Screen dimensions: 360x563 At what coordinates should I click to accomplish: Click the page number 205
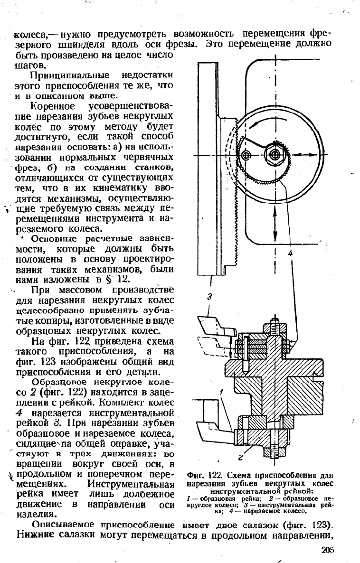click(328, 550)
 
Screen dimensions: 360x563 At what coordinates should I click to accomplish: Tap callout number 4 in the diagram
click(291, 253)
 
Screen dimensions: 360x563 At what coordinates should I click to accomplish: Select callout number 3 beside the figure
click(210, 297)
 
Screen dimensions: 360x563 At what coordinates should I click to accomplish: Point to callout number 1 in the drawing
click(223, 391)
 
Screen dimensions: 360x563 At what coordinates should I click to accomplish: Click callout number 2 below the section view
click(241, 457)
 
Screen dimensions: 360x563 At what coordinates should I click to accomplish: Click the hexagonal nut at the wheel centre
click(275, 154)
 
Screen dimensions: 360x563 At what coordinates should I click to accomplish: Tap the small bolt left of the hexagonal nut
click(246, 155)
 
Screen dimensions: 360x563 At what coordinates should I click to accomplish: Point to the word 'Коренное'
click(53, 106)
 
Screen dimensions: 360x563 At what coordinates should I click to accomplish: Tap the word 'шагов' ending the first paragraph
click(30, 66)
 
